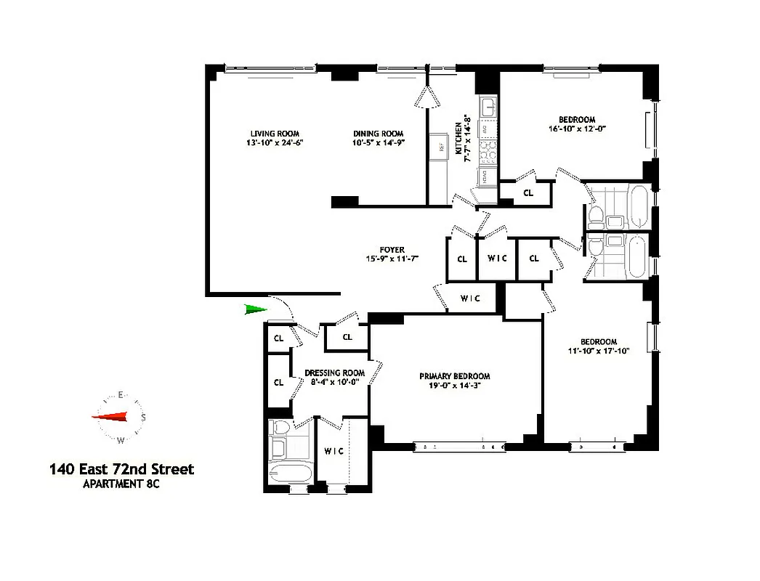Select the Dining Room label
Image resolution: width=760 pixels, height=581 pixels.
point(378,134)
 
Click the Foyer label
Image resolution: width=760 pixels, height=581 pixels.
point(393,250)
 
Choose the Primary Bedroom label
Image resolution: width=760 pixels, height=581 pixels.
point(455,376)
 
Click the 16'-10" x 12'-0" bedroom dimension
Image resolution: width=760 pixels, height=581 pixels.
point(578,129)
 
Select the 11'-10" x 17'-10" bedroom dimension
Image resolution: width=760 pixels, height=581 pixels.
point(599,351)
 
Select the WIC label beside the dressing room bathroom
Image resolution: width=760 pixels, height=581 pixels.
point(333,451)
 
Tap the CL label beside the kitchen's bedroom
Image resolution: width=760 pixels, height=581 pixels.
point(528,193)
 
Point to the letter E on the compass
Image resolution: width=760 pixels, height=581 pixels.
point(121,396)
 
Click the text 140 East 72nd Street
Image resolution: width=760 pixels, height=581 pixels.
point(121,470)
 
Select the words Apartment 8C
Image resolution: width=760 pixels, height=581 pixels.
point(122,484)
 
